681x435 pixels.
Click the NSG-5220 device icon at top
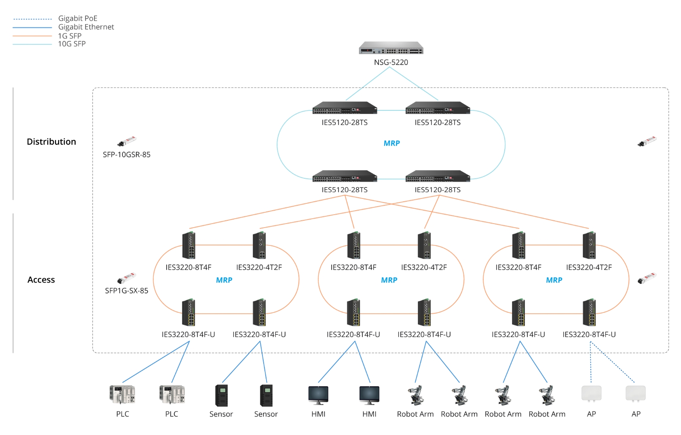[x=391, y=48]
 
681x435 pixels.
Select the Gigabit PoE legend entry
[x=77, y=18]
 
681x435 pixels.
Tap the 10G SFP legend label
[x=72, y=44]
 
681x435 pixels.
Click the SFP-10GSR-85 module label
[x=127, y=154]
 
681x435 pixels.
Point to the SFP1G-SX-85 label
[x=127, y=291]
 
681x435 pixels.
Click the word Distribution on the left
[x=51, y=142]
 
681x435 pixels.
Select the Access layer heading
[x=41, y=280]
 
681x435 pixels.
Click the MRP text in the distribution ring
[x=391, y=143]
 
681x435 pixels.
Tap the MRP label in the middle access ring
[x=389, y=280]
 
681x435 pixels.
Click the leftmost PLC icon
[x=122, y=394]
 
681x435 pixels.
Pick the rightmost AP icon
[x=635, y=393]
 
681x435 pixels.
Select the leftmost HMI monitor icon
[x=318, y=395]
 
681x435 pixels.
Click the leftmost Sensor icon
[x=221, y=395]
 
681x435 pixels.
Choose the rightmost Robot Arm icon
[x=547, y=395]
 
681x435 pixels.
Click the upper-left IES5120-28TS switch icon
[x=345, y=108]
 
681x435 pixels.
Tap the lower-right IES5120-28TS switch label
[x=438, y=190]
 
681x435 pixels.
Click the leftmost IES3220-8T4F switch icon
[x=188, y=245]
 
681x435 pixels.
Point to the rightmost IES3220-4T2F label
[x=589, y=267]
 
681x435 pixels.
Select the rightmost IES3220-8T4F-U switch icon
[x=589, y=313]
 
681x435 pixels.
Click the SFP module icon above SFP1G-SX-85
[x=127, y=278]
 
